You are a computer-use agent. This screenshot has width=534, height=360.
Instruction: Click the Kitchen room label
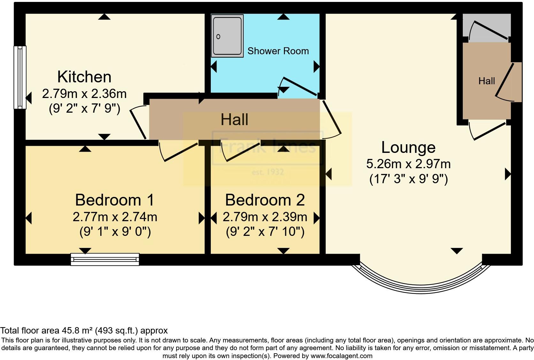84,77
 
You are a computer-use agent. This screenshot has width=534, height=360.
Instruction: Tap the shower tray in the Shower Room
227,36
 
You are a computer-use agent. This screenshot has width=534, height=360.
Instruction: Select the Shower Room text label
278,51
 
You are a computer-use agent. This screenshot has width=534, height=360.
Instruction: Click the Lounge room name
408,147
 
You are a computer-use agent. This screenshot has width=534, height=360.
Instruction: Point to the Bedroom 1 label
115,200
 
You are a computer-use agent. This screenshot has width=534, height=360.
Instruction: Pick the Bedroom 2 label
265,200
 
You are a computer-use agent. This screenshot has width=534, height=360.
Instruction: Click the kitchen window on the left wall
20,77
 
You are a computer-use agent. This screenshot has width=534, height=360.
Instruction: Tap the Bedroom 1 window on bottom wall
105,259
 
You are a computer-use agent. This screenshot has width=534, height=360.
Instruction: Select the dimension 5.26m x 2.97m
408,164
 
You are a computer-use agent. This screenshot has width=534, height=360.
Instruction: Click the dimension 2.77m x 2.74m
115,217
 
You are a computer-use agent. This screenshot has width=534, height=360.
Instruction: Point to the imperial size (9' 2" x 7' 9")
84,109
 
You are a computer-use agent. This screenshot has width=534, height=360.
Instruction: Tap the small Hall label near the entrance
486,81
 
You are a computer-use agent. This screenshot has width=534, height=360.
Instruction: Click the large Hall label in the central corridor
234,120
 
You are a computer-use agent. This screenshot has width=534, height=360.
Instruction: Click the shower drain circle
218,37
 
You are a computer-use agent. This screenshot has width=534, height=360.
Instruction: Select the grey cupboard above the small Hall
487,27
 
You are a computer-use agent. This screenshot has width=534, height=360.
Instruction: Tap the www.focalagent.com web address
341,356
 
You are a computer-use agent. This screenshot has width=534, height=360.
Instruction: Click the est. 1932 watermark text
268,172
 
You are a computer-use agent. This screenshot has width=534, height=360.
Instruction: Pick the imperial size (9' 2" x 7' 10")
265,232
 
